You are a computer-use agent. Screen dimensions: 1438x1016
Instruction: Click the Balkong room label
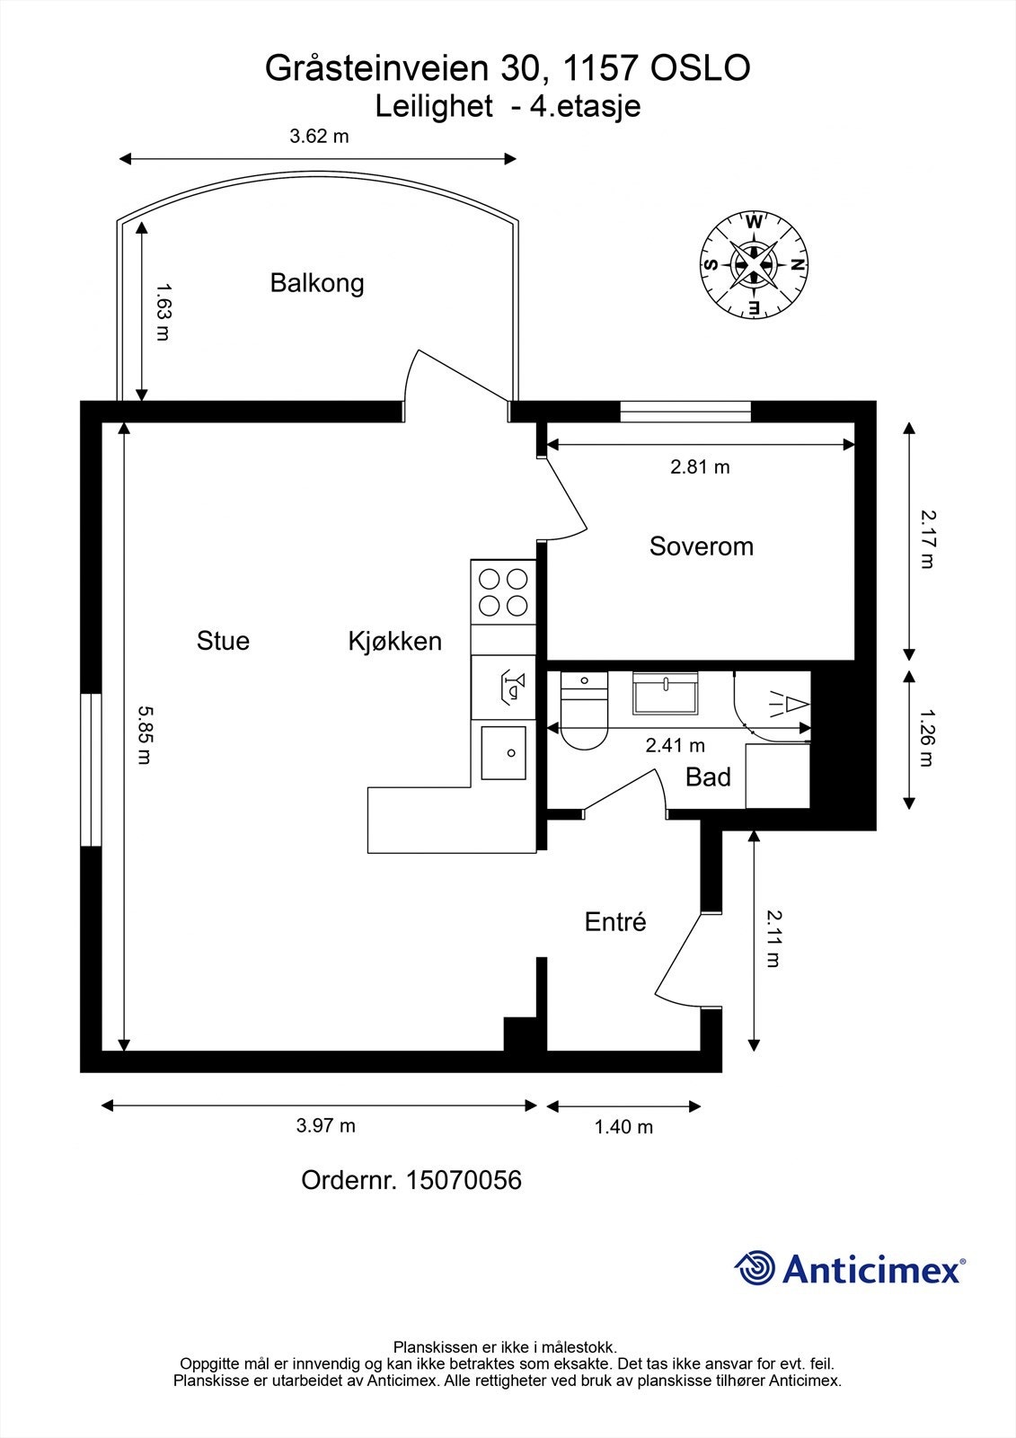click(317, 283)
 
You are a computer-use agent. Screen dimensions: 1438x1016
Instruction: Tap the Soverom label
click(701, 546)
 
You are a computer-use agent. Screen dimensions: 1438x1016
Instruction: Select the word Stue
click(223, 641)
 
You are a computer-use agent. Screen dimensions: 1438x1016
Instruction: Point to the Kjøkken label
click(394, 642)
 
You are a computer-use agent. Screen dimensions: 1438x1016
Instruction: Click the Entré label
click(615, 922)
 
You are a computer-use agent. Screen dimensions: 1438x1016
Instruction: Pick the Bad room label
click(708, 777)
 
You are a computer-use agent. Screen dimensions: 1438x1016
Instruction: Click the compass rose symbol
click(753, 265)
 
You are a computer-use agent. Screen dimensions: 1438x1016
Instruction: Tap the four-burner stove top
click(503, 592)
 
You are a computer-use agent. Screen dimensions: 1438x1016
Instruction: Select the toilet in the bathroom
click(584, 715)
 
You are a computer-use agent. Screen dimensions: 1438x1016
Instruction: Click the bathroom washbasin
click(667, 693)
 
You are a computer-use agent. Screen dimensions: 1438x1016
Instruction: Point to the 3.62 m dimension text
click(319, 137)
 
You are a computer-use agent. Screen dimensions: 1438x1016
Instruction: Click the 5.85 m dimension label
click(145, 733)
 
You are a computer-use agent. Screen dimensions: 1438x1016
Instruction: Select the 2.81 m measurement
click(700, 467)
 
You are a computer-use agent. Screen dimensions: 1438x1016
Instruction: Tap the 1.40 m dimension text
click(623, 1127)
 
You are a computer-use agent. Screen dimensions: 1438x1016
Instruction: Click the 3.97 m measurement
click(326, 1125)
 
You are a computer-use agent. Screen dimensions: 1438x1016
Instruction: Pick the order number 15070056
click(464, 1180)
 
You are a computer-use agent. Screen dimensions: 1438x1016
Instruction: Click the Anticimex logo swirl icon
click(755, 1269)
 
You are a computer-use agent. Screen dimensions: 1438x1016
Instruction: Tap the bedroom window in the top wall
click(685, 411)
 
